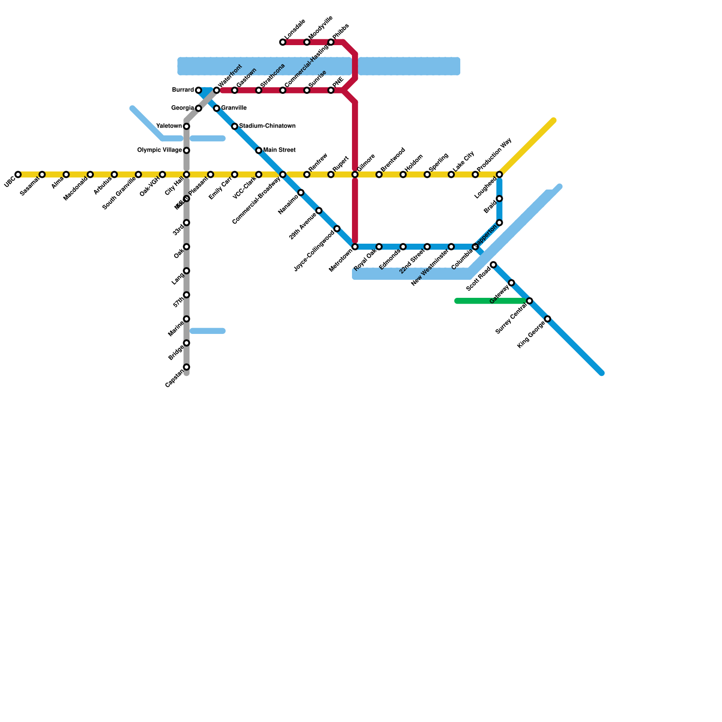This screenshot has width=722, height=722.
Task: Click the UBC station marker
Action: [18, 175]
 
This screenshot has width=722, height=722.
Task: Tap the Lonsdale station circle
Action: [283, 42]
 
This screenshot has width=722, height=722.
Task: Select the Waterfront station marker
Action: [217, 91]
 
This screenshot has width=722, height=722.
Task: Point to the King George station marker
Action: [547, 319]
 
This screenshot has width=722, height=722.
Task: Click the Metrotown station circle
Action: [355, 247]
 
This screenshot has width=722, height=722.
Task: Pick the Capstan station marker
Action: [186, 367]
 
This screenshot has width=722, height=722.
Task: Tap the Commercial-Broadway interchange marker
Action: [283, 175]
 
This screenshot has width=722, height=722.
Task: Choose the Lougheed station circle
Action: [500, 175]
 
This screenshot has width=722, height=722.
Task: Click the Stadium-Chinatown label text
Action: [267, 126]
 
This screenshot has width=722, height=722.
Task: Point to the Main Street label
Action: [279, 150]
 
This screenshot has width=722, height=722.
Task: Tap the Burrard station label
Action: [183, 90]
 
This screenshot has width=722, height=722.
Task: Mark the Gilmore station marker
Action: [355, 175]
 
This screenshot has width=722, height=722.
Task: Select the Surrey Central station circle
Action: [529, 301]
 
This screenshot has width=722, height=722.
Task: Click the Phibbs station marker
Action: [331, 42]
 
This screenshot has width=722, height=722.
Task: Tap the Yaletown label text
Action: [169, 126]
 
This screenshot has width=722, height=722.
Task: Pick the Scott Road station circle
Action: [493, 264]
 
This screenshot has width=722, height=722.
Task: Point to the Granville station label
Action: [234, 108]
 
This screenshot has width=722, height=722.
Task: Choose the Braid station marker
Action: [500, 199]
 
